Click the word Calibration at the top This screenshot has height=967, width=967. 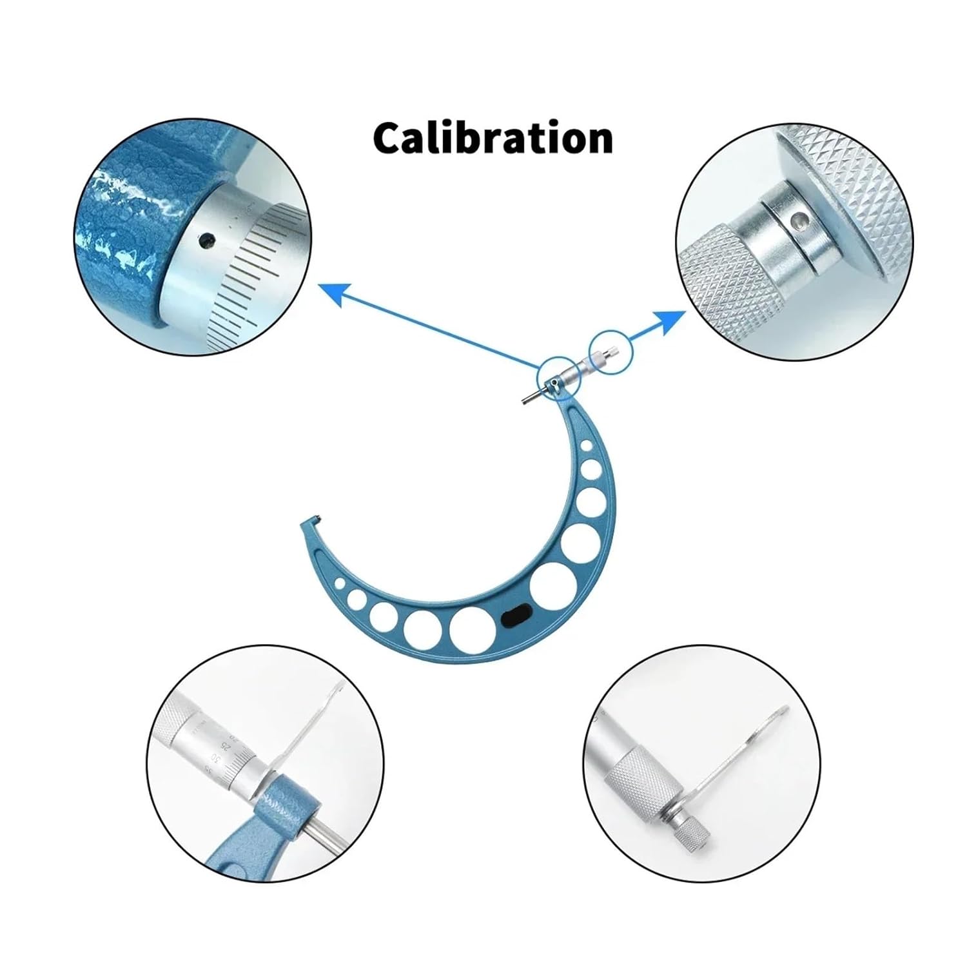click(493, 137)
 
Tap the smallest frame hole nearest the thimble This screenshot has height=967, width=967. click(585, 445)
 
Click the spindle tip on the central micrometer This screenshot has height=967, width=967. click(523, 402)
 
